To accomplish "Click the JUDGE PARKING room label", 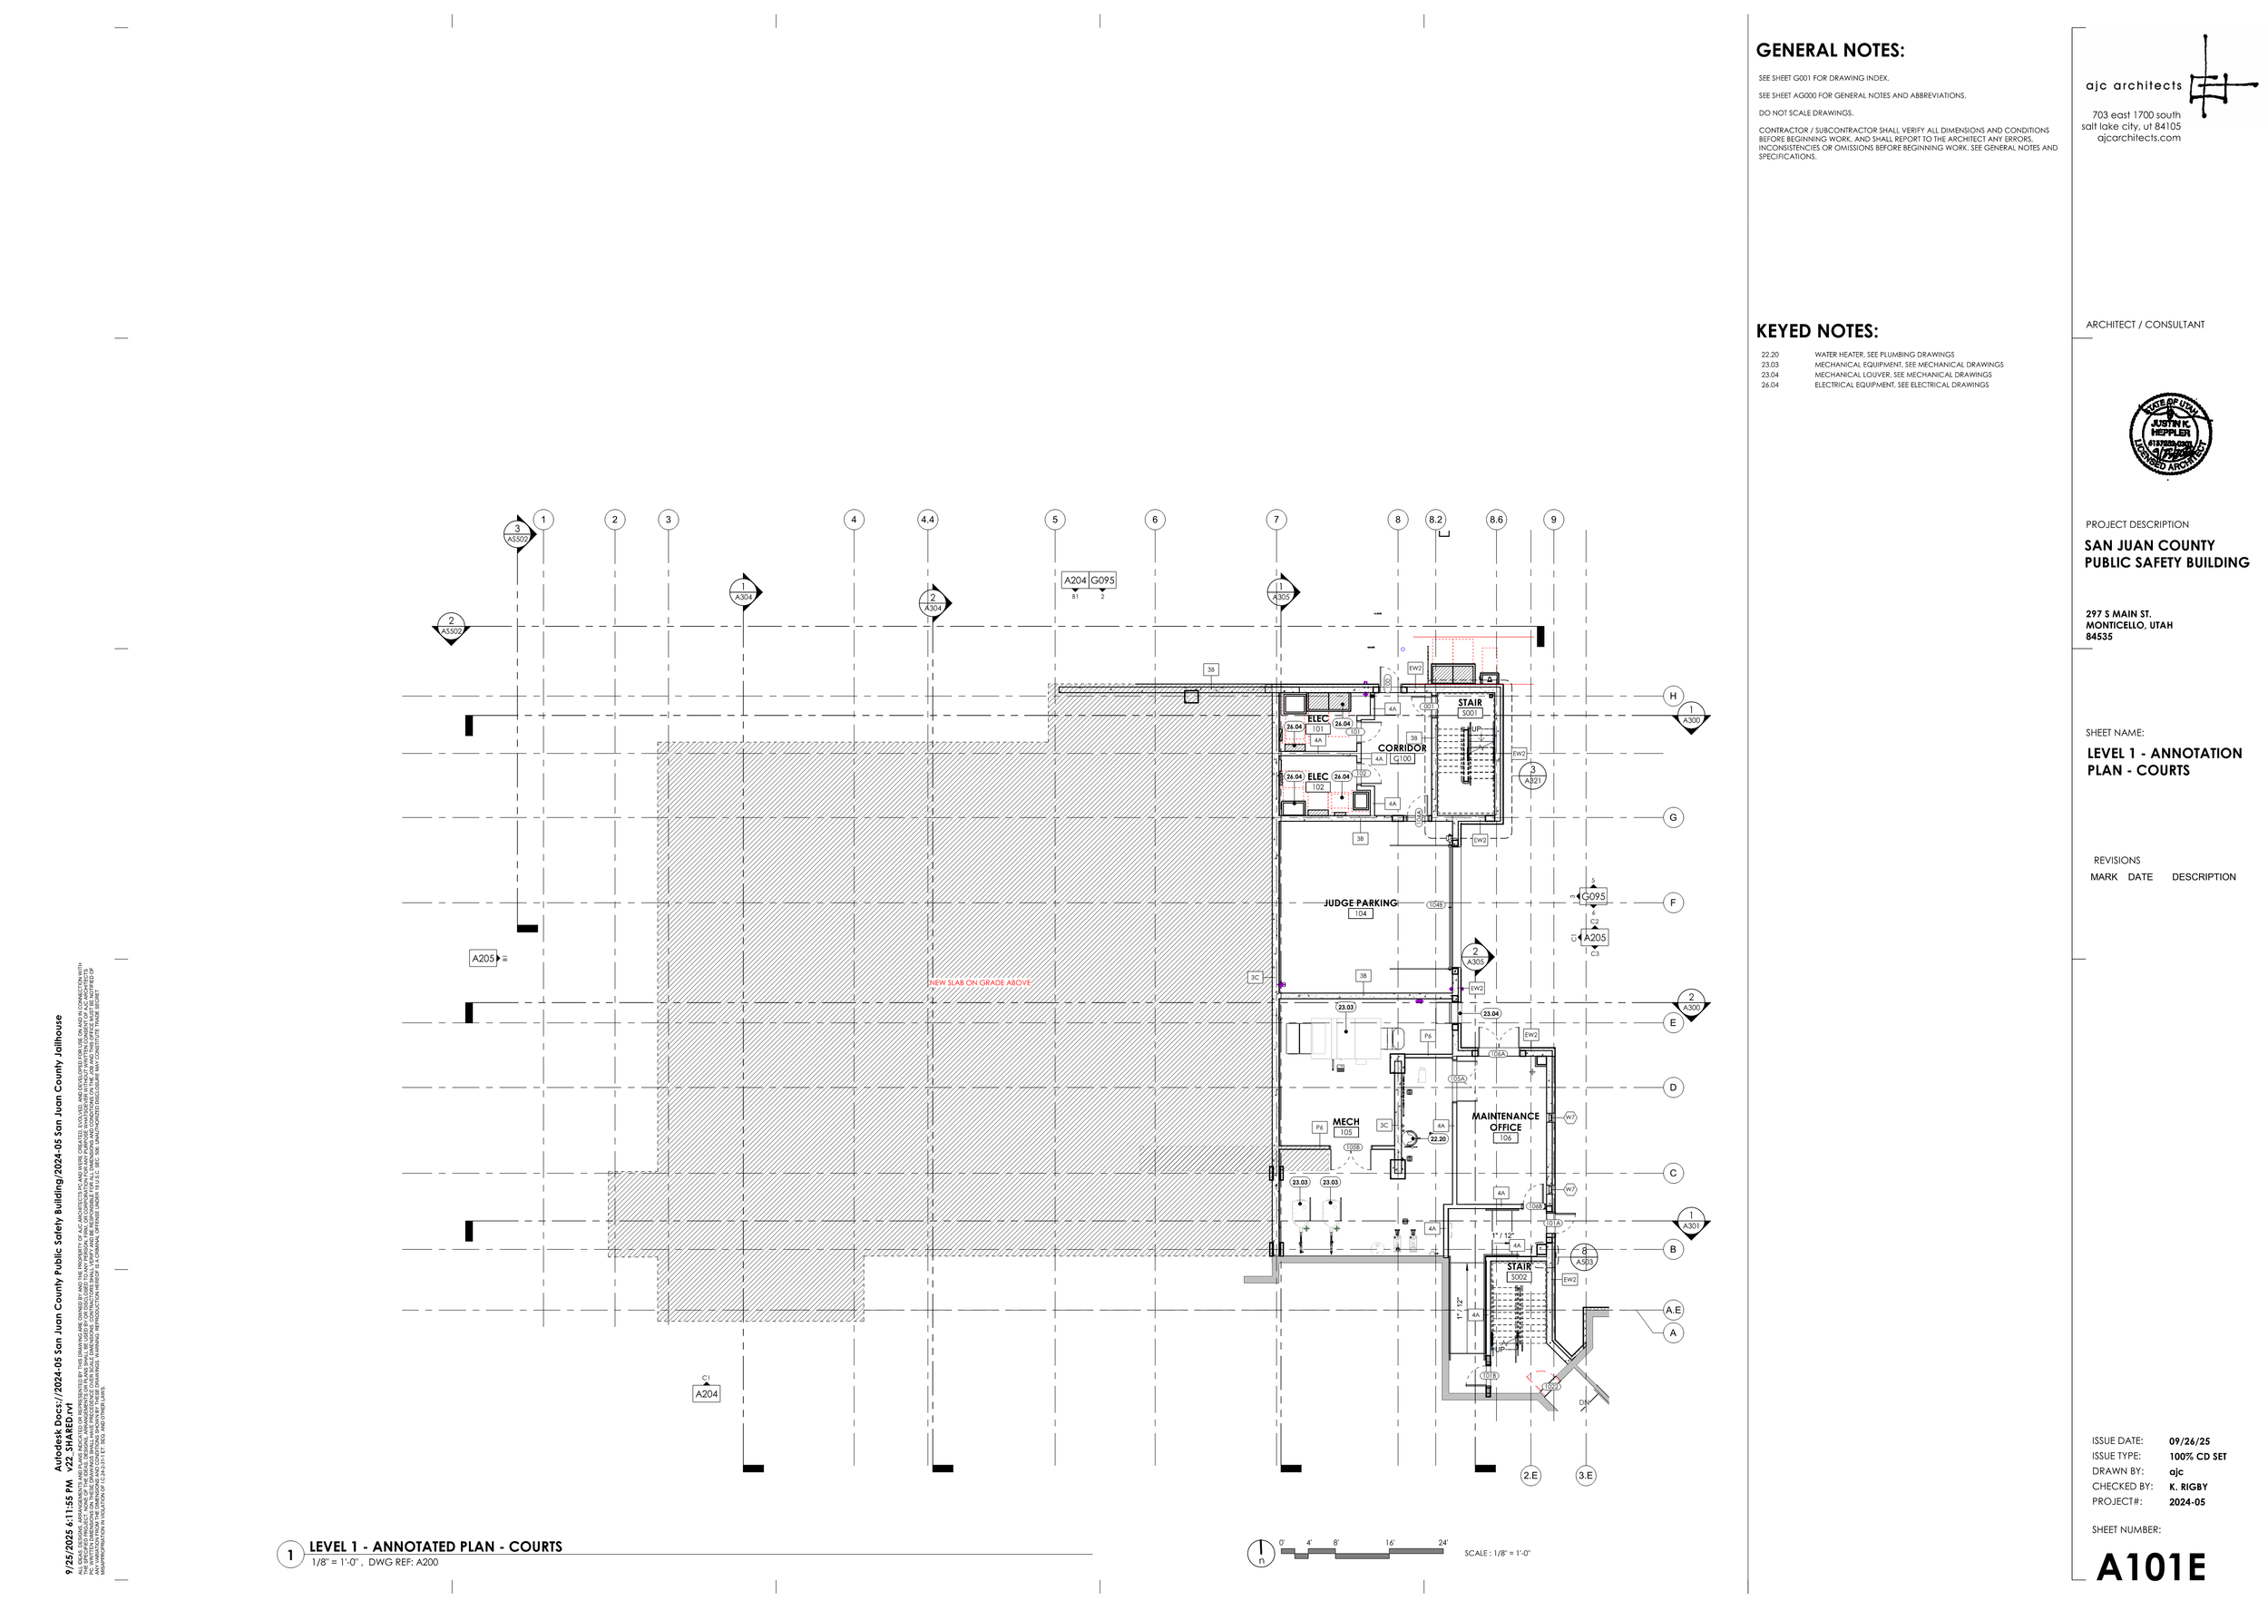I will click(1360, 903).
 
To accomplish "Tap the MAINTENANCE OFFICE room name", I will click(1505, 1121).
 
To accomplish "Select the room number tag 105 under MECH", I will click(1346, 1132).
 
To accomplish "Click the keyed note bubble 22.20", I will click(1438, 1138).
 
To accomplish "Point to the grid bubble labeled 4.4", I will click(927, 519).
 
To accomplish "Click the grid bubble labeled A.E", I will click(1673, 1310).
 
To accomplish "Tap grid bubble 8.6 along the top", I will click(1496, 519).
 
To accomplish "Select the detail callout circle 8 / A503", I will click(1583, 1256).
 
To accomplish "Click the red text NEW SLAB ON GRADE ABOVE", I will click(980, 982).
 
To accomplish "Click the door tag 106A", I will click(1498, 1053).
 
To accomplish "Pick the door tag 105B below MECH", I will click(1353, 1147).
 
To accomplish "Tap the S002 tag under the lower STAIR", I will click(1519, 1277).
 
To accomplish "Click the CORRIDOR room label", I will click(1402, 748).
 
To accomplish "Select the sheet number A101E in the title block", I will click(2150, 1566).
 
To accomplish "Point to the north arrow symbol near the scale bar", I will click(1261, 1553).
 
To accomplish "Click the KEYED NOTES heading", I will click(1816, 331).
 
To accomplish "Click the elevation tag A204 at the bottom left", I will click(706, 1393).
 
